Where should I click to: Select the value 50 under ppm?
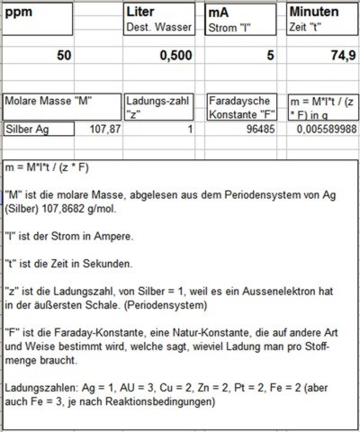point(63,56)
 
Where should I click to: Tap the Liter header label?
point(145,13)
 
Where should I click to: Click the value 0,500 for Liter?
point(176,56)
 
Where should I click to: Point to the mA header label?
point(220,13)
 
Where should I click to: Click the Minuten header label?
point(314,13)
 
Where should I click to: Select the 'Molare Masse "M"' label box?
point(49,100)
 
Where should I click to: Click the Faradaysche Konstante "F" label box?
point(240,107)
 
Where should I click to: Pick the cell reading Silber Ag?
point(27,130)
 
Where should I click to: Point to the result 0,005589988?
point(325,130)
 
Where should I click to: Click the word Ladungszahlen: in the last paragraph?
point(43,386)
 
